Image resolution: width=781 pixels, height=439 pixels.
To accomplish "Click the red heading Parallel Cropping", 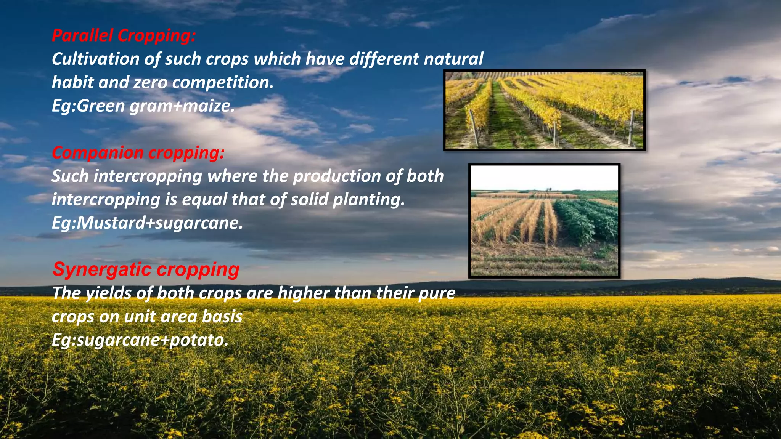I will click(124, 35).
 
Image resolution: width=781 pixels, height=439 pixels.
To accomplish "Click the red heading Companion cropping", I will click(138, 152).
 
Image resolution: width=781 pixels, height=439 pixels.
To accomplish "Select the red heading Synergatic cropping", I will click(146, 269).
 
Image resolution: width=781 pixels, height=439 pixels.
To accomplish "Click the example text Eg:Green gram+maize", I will click(143, 106).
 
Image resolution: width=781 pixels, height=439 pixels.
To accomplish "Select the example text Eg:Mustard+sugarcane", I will click(147, 223).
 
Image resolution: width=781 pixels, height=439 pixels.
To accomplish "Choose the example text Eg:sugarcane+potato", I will click(140, 340).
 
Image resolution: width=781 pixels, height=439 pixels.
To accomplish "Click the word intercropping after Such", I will click(148, 176).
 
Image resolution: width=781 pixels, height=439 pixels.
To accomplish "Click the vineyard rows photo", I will click(544, 110).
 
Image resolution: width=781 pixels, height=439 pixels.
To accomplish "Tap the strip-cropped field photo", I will click(544, 221).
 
